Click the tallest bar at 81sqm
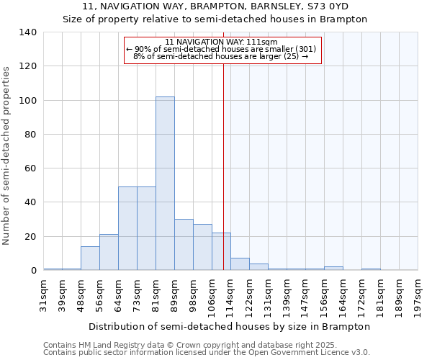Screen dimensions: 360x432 point(165,184)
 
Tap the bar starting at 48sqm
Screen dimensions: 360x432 point(90,258)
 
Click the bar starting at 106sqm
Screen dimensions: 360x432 point(221,251)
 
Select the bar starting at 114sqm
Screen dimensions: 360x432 point(240,264)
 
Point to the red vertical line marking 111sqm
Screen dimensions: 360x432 point(224,166)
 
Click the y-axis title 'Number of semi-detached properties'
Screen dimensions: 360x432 point(6,155)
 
